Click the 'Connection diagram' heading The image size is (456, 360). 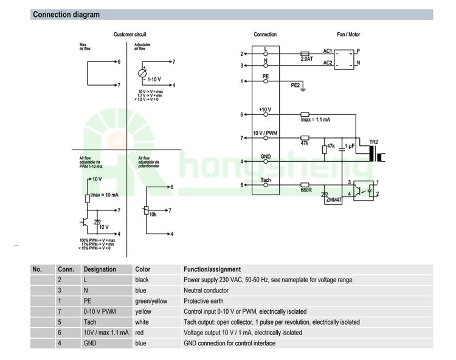[x=66, y=15]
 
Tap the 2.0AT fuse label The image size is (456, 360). [x=306, y=59]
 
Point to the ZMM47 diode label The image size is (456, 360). [x=334, y=200]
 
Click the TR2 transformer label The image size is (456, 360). [x=373, y=142]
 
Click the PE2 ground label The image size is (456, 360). [x=295, y=86]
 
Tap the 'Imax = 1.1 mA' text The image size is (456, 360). [x=316, y=120]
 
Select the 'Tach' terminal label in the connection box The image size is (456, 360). [x=266, y=180]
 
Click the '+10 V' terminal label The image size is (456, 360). [x=265, y=109]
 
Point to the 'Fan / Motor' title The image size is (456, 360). [x=348, y=35]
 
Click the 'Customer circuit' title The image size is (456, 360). [x=130, y=35]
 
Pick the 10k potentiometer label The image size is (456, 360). [x=153, y=215]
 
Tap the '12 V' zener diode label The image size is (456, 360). [x=104, y=227]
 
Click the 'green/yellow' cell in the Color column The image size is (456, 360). [x=151, y=301]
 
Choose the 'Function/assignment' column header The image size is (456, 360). [x=212, y=269]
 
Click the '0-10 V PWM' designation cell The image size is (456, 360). [x=100, y=311]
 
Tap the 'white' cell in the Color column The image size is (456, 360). [x=142, y=322]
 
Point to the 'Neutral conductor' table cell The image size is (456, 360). [x=206, y=291]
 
